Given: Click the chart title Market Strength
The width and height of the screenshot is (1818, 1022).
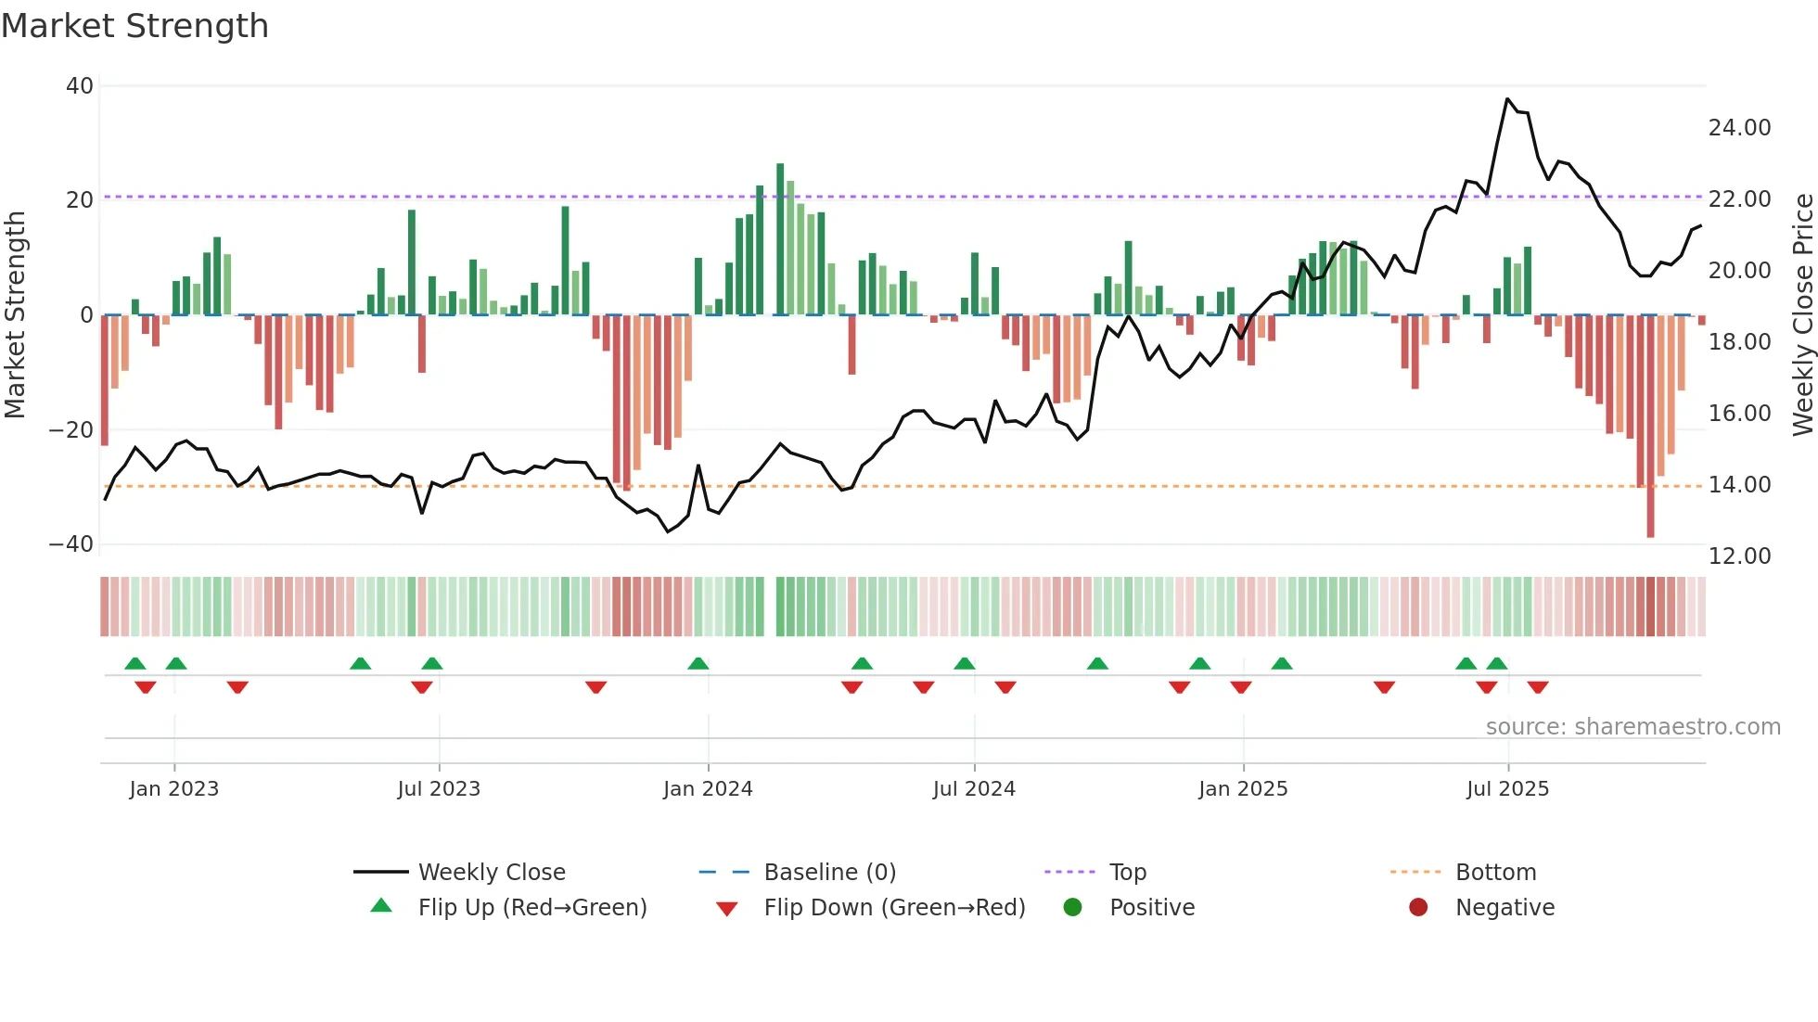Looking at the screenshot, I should (x=134, y=26).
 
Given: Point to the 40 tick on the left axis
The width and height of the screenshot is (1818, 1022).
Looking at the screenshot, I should (x=80, y=86).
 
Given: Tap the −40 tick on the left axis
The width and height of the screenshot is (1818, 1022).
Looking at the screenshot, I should (x=71, y=544).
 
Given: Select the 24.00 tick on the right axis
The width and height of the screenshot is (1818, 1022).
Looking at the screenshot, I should (x=1739, y=128).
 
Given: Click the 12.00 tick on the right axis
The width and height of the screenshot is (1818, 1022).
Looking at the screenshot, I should (x=1739, y=556).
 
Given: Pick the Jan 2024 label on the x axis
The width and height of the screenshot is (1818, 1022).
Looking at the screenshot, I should (x=708, y=789).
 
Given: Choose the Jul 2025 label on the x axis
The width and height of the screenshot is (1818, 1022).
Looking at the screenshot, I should (x=1507, y=789).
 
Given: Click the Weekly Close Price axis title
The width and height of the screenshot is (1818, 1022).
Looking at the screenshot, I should (x=1802, y=315).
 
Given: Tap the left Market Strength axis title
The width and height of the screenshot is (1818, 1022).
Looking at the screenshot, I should (x=15, y=315).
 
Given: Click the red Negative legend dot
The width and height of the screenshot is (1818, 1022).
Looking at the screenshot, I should (x=1418, y=908).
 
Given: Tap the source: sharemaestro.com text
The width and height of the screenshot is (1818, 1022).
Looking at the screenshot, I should (x=1632, y=727).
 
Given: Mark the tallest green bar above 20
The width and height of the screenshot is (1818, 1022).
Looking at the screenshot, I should (x=780, y=238).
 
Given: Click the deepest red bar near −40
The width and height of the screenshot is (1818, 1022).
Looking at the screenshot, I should (x=1650, y=427).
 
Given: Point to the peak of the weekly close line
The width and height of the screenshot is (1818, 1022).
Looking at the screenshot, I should (x=1507, y=99).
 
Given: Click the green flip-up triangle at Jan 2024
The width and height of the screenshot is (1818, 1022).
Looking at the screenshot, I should (x=698, y=663).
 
